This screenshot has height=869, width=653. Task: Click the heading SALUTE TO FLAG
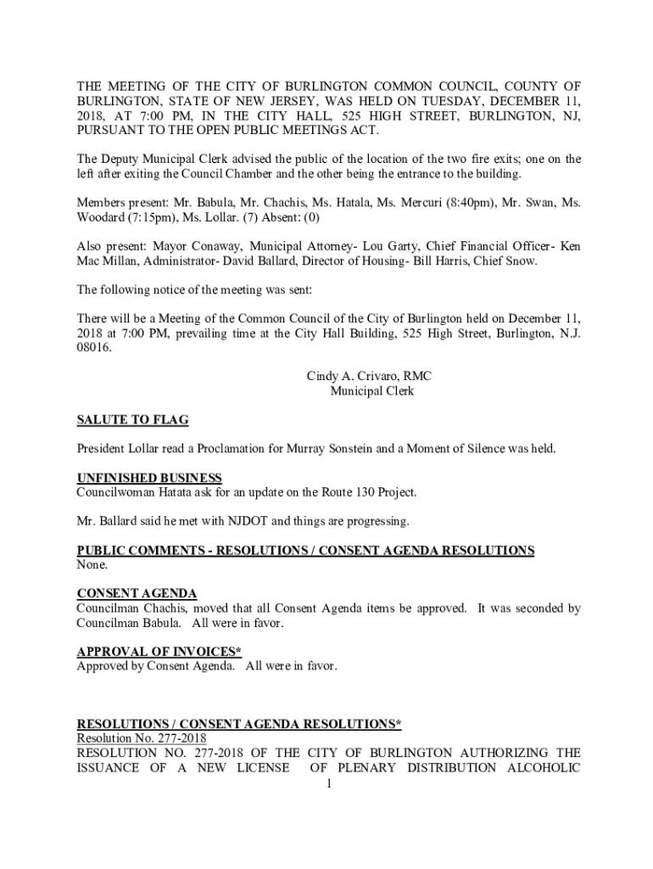[132, 420]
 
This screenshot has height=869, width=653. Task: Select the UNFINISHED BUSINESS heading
[149, 478]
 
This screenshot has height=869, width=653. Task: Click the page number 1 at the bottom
[327, 783]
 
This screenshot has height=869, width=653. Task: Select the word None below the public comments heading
[92, 564]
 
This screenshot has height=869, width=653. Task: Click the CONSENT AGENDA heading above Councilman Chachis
[137, 593]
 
